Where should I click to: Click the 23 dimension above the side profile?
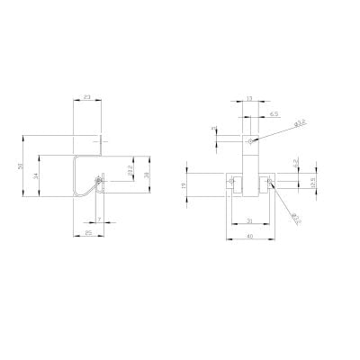click(86, 95)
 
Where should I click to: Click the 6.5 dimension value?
click(273, 114)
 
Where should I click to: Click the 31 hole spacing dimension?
click(248, 220)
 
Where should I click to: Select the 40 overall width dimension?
click(248, 237)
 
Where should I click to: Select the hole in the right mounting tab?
click(266, 183)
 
